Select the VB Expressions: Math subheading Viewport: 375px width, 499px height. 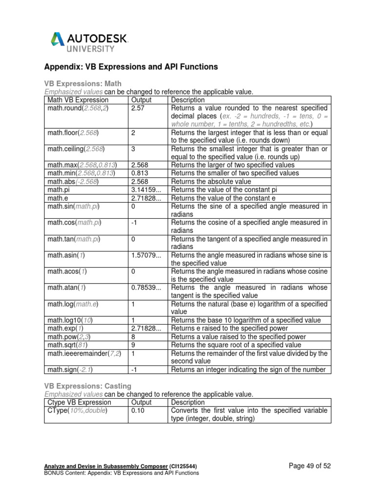pos(83,84)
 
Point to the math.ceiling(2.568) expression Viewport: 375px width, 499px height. pos(80,148)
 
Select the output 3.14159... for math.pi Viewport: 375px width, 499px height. pos(146,189)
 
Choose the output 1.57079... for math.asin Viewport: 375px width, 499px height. pos(146,255)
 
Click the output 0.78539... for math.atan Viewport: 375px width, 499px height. pos(146,288)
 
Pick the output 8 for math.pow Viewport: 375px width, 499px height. pos(133,337)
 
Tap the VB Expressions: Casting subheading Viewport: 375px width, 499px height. pos(87,386)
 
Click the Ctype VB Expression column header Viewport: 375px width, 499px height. pos(80,403)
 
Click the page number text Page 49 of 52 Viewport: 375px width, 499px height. pos(310,466)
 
